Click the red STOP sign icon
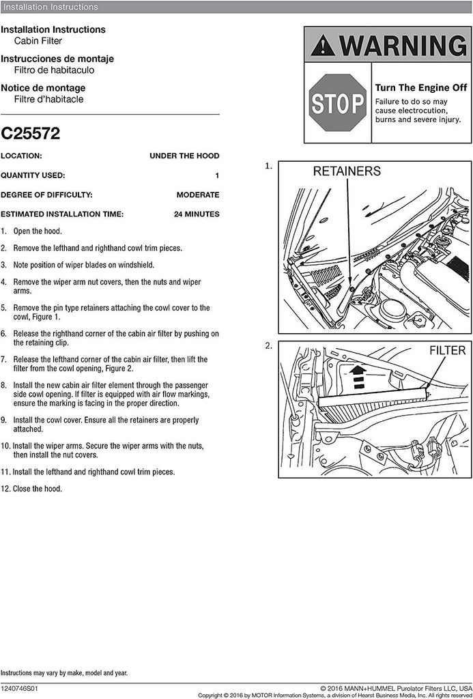click(338, 103)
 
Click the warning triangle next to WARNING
click(322, 46)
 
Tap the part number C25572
click(31, 134)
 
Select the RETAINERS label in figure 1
click(347, 171)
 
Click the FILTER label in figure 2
click(447, 351)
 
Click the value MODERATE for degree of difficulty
click(198, 195)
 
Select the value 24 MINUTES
click(197, 214)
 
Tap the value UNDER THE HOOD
click(184, 156)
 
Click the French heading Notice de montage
click(43, 88)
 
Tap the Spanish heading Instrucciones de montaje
click(57, 59)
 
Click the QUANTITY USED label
click(33, 175)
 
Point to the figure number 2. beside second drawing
click(269, 346)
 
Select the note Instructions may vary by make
click(63, 672)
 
